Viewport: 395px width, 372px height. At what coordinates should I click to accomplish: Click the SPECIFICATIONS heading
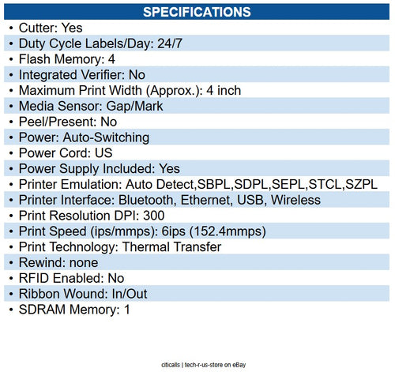pyautogui.click(x=197, y=12)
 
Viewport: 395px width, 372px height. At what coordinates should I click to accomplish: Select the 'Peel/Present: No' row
pyautogui.click(x=68, y=122)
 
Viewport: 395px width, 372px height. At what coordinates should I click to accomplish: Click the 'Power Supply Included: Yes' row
pyautogui.click(x=100, y=169)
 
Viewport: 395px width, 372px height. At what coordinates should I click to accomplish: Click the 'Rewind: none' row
pyautogui.click(x=58, y=263)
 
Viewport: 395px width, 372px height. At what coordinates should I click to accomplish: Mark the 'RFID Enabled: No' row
pyautogui.click(x=72, y=278)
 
